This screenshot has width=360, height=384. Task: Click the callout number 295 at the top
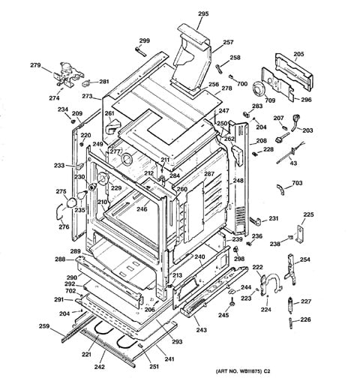[203, 14]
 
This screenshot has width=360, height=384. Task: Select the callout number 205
[298, 54]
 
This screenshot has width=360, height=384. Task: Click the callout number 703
[297, 183]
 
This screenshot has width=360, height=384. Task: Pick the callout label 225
[307, 215]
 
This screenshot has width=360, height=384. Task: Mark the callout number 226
[305, 319]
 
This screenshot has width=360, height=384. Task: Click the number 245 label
[223, 315]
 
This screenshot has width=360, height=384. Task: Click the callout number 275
[61, 192]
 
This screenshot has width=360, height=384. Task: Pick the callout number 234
[63, 109]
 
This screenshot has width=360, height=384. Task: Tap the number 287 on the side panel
[209, 174]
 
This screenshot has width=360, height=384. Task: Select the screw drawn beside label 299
[139, 51]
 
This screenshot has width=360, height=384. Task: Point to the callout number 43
[293, 163]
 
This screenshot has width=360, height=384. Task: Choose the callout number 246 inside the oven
[142, 209]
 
